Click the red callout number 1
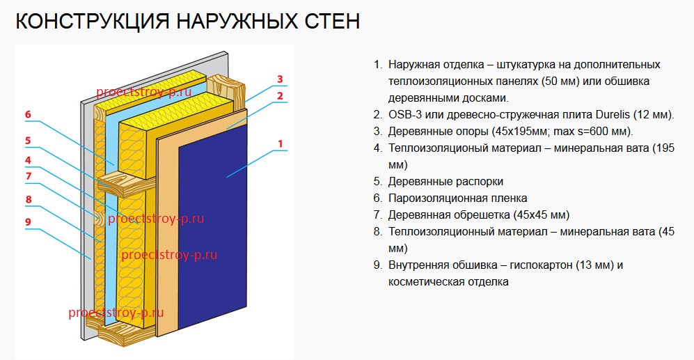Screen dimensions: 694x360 point(280,143)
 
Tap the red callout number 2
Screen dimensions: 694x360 point(280,95)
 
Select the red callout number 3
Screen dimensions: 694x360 point(280,79)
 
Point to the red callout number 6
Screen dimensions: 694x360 point(28,115)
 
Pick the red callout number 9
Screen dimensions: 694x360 point(28,221)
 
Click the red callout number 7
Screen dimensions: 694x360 point(29,176)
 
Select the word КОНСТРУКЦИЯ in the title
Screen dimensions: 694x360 point(93,22)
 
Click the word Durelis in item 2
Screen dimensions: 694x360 point(613,115)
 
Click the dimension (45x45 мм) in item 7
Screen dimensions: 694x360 point(542,215)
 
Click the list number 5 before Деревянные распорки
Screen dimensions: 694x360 point(377,182)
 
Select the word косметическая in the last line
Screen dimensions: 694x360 point(418,282)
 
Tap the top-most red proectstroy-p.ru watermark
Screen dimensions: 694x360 point(144,92)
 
